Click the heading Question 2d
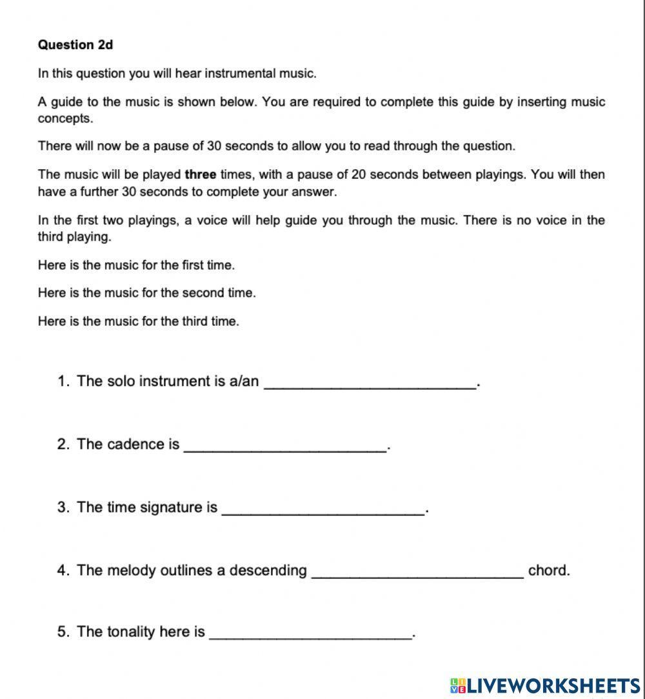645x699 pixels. coord(75,45)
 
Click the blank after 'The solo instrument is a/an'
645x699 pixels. coord(371,381)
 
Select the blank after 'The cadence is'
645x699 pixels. coord(285,445)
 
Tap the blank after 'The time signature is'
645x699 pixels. coord(322,508)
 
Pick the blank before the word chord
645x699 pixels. coord(417,571)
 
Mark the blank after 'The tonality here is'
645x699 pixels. coord(311,632)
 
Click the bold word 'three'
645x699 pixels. coord(200,174)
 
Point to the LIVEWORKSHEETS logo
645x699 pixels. coord(545,685)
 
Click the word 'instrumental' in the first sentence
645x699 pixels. coord(242,74)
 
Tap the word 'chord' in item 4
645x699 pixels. coord(549,571)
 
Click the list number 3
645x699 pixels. coord(63,507)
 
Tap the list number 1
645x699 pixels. coord(63,381)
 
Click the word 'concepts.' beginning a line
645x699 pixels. coord(65,119)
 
